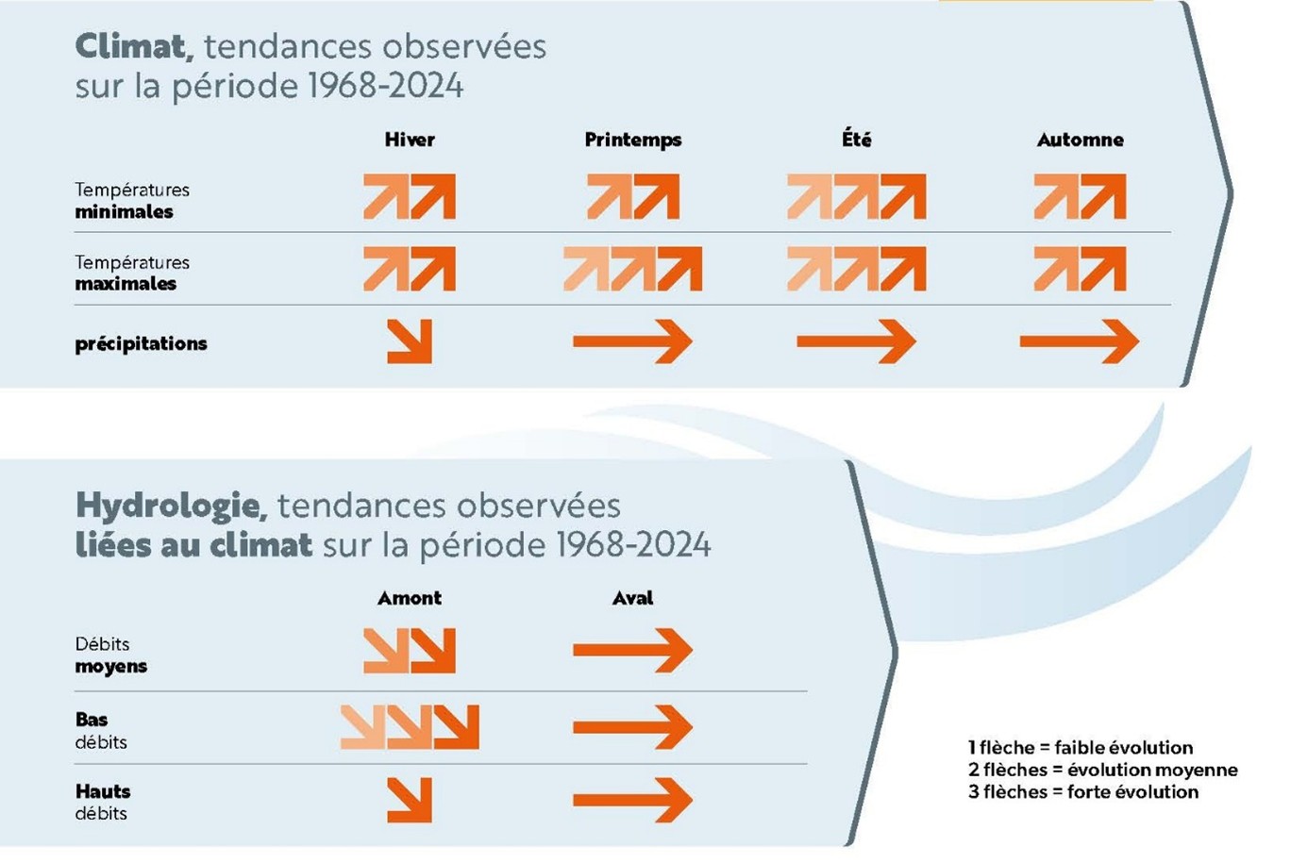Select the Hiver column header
[x=410, y=140]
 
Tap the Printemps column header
[x=632, y=140]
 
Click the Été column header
[x=856, y=140]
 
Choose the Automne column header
[x=1080, y=140]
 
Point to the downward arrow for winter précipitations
[x=410, y=341]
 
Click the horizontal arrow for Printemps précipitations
[x=632, y=341]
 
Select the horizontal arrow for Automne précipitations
[x=1080, y=341]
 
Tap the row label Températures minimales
[x=132, y=200]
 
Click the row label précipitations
[x=141, y=343]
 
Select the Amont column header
[x=410, y=598]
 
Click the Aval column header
[x=632, y=598]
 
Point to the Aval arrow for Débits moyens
[x=632, y=650]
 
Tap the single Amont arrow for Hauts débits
[x=410, y=800]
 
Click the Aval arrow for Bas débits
[x=632, y=727]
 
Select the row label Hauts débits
[x=103, y=802]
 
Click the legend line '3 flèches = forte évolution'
[x=1082, y=792]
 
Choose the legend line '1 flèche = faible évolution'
[x=1080, y=748]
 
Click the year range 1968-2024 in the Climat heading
[x=385, y=86]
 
